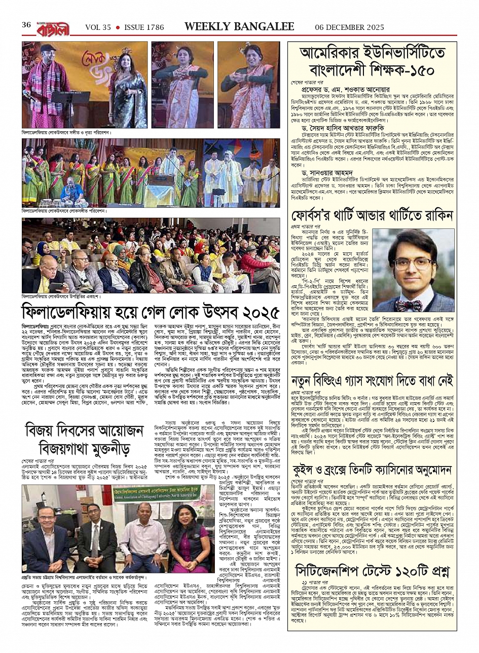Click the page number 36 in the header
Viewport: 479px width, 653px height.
pos(26,25)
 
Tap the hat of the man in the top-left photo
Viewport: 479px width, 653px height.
pos(48,48)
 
